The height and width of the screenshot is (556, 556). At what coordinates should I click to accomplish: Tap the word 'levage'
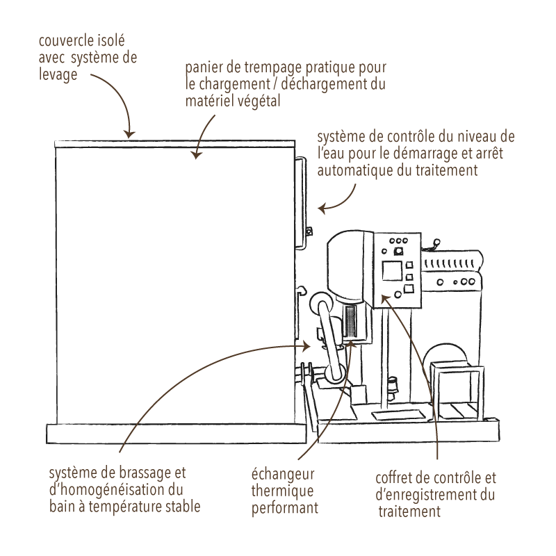(x=58, y=75)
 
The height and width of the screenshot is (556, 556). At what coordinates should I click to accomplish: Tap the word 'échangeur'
(x=283, y=475)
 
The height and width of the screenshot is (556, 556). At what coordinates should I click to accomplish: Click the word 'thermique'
(x=282, y=491)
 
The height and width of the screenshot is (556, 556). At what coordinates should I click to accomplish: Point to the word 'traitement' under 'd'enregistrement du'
(x=409, y=512)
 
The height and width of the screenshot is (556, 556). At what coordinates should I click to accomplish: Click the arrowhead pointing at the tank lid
(x=129, y=134)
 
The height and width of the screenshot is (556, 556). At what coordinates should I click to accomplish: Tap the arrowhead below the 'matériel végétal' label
(x=196, y=154)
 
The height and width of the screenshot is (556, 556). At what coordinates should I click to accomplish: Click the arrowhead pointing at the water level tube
(x=322, y=208)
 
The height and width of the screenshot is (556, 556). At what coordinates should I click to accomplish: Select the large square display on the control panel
(x=392, y=271)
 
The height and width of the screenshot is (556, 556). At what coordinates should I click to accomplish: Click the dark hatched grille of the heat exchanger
(x=350, y=321)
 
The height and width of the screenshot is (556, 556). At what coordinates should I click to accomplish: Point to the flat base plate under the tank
(x=177, y=433)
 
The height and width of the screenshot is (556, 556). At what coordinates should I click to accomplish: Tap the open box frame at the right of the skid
(x=457, y=391)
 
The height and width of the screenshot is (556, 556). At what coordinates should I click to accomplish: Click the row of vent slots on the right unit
(x=450, y=263)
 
